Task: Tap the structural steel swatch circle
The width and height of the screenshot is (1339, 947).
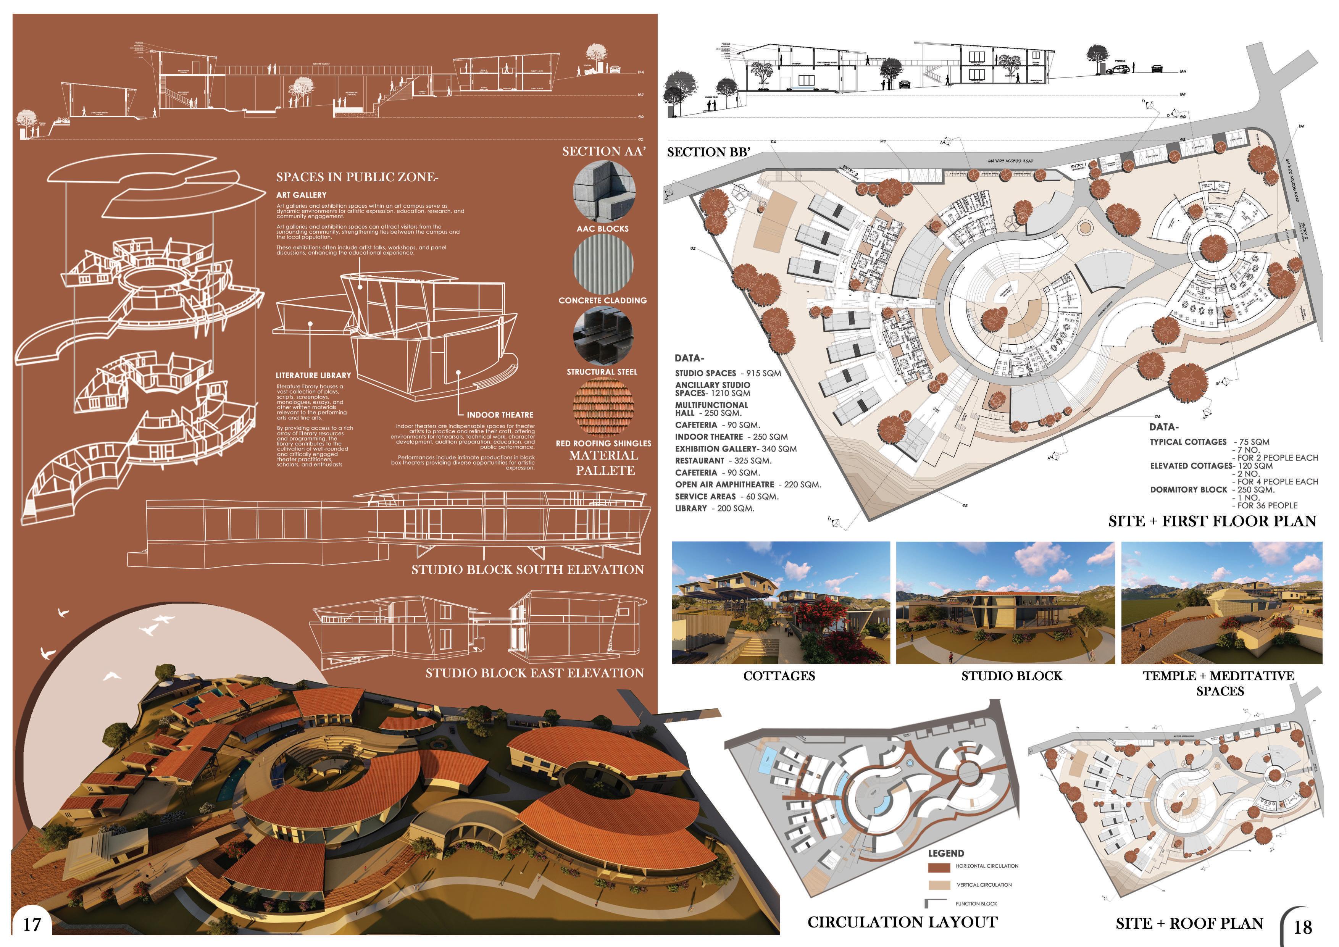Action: click(603, 336)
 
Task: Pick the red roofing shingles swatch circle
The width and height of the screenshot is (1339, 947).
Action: click(603, 407)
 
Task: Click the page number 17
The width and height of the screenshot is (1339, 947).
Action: click(32, 924)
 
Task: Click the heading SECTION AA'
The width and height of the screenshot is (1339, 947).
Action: click(603, 152)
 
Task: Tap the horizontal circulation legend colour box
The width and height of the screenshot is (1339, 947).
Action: click(939, 867)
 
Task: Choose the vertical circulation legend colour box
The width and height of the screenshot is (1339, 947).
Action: click(939, 885)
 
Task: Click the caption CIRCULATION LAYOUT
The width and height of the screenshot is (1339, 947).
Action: click(902, 922)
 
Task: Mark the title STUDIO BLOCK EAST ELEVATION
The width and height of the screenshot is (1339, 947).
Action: click(534, 673)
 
